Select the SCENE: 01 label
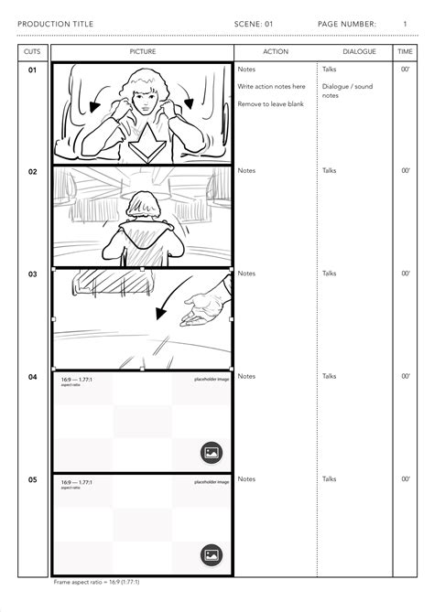point(254,23)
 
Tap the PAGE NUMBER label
point(347,23)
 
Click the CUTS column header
point(32,52)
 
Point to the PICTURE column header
point(142,52)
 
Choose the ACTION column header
point(275,52)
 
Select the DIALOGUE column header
point(359,52)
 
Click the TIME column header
point(405,52)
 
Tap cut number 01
point(32,70)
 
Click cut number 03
point(32,274)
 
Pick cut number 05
point(32,479)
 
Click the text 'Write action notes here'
point(271,87)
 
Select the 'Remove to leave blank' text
point(270,104)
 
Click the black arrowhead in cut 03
point(162,315)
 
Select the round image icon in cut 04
point(211,451)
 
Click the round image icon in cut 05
point(211,553)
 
